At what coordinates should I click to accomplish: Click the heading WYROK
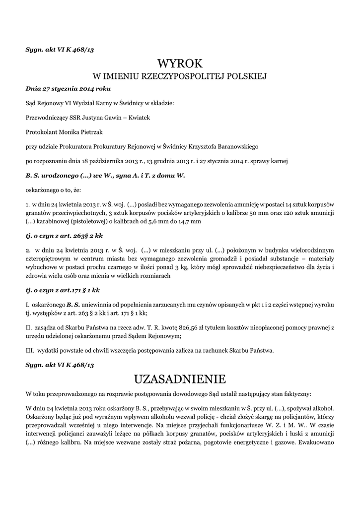point(180,63)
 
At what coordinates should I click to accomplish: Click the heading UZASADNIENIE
point(180,380)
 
